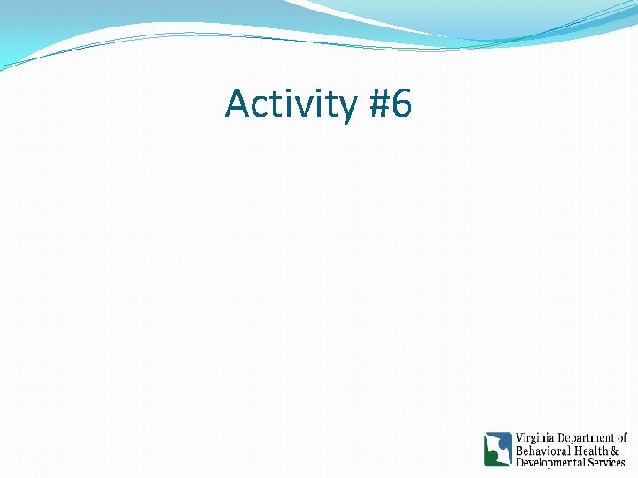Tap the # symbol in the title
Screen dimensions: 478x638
376,104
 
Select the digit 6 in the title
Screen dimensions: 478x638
401,104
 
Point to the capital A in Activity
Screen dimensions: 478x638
237,104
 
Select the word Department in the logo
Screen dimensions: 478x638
586,438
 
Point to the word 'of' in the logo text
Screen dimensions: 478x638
622,438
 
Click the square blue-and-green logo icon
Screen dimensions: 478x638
498,450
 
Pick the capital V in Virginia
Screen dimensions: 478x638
520,438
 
